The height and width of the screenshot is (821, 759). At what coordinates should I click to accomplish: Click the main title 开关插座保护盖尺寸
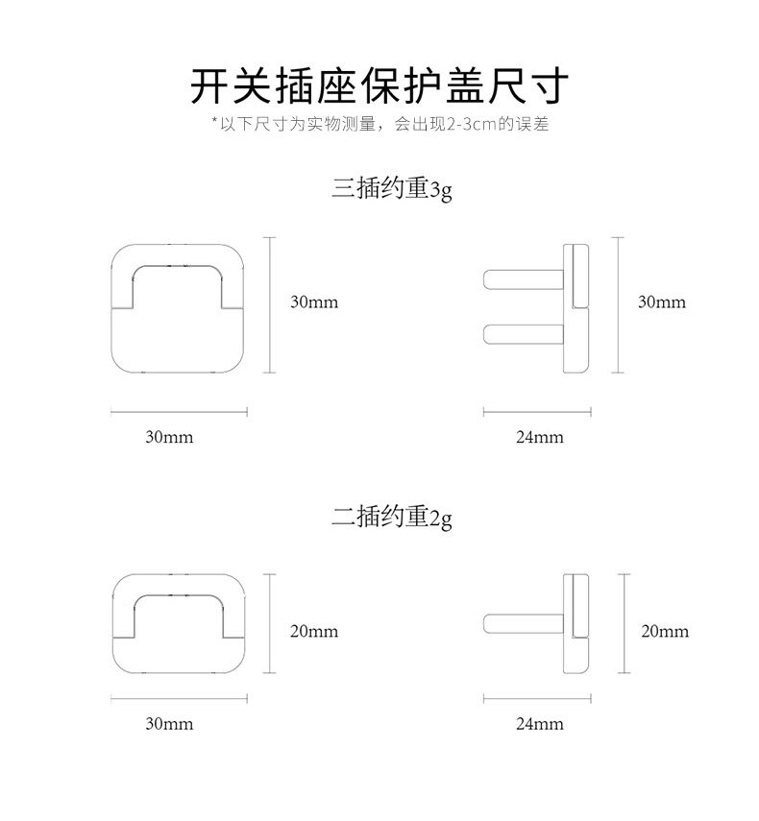click(379, 85)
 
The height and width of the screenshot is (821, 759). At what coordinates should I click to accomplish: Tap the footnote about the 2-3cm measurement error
click(380, 124)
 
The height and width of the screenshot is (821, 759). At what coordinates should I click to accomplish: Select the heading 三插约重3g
click(391, 188)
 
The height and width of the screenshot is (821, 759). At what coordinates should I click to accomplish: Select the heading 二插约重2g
click(391, 518)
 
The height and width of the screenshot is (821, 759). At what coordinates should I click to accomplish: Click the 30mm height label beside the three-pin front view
click(314, 302)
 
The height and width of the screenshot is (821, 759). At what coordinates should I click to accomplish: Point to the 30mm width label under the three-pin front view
click(169, 437)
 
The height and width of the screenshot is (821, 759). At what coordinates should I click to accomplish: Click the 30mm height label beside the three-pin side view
click(662, 302)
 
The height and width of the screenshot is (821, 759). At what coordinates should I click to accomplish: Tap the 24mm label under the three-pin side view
click(540, 437)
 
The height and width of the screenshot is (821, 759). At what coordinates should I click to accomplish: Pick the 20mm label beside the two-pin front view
click(314, 631)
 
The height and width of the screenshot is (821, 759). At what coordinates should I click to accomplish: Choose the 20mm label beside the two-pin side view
click(665, 631)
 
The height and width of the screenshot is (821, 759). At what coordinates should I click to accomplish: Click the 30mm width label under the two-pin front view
click(169, 724)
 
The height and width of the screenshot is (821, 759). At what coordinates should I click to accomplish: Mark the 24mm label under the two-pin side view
click(540, 724)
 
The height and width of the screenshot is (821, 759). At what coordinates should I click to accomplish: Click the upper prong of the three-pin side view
click(524, 279)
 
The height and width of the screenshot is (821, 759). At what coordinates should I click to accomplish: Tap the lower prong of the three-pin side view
click(524, 334)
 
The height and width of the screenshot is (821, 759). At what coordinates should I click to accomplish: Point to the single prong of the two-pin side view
click(524, 623)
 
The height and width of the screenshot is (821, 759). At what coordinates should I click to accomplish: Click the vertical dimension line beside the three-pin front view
click(269, 305)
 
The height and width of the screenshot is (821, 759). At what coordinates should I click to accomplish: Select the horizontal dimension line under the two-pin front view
click(179, 698)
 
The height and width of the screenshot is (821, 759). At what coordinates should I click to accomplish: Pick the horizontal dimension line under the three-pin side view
click(537, 412)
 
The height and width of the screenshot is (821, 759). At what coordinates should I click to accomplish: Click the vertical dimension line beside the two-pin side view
click(624, 623)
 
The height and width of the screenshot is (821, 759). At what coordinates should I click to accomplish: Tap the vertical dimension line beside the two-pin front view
click(269, 623)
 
